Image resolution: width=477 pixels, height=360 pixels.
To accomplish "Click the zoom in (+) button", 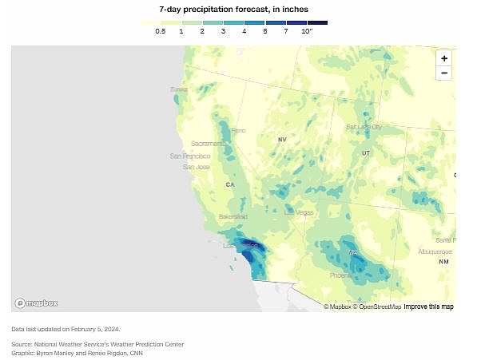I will point(444,58).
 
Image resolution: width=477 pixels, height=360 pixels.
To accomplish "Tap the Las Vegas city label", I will point(300,212).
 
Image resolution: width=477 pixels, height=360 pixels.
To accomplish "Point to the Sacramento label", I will point(208,144).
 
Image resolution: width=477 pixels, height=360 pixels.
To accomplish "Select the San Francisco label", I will point(190,156).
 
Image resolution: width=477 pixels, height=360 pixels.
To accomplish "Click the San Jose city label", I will point(196,167).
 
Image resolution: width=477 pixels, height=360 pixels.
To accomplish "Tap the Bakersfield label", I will point(234,216).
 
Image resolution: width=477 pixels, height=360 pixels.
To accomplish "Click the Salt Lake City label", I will point(364,127).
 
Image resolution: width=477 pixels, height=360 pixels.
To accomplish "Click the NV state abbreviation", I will point(281,140).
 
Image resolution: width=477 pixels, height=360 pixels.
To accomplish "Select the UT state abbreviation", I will point(366,152).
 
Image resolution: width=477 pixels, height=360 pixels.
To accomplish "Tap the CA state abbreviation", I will point(230,184).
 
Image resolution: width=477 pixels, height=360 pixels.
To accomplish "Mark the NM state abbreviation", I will point(443,262).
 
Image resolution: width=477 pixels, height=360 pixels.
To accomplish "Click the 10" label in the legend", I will point(307,31).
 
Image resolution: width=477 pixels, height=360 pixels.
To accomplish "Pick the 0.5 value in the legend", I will point(160,31).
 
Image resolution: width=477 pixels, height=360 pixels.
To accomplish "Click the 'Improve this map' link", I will point(428,307).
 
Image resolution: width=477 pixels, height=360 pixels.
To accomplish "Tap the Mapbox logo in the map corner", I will point(36,303).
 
